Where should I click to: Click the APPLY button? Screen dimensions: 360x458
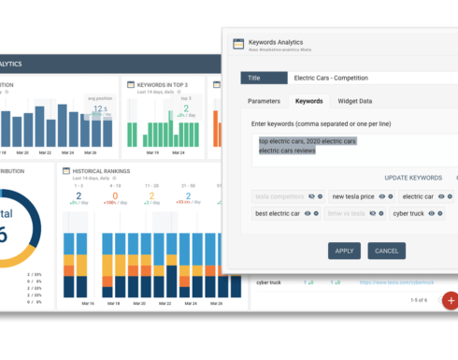click(344, 251)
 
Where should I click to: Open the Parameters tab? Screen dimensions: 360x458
click(264, 101)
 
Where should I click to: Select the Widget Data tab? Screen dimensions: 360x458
click(354, 101)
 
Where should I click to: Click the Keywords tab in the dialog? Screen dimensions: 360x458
click(308, 101)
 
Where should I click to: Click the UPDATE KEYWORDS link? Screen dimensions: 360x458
click(413, 178)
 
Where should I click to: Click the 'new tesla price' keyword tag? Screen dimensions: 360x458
click(353, 196)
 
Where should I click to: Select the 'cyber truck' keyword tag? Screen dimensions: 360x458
click(409, 214)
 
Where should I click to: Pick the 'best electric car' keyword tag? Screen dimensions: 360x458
click(278, 214)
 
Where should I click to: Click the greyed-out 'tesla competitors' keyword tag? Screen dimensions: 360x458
click(279, 196)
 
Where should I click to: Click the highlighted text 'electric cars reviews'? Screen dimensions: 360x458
click(287, 151)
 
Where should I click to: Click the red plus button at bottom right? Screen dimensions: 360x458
click(451, 300)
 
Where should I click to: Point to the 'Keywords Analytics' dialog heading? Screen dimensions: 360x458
click(280, 42)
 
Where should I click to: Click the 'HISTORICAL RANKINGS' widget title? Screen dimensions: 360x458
click(102, 171)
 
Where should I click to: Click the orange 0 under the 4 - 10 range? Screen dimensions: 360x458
click(115, 194)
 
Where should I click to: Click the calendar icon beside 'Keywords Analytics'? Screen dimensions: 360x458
click(238, 44)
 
